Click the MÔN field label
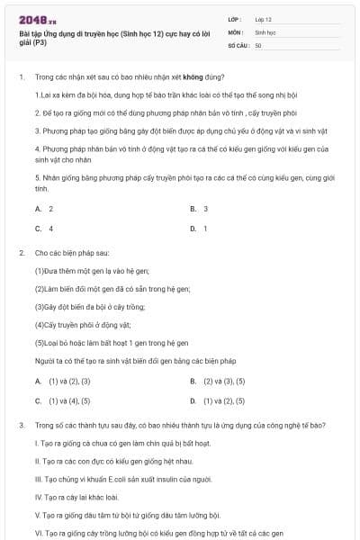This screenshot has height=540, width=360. tap(236, 31)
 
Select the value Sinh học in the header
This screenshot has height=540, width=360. tap(265, 31)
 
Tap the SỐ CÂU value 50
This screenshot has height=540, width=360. tap(258, 44)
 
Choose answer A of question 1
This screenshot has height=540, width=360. tap(44, 209)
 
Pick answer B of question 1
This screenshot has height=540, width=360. tap(199, 209)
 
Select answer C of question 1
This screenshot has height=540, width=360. tap(44, 229)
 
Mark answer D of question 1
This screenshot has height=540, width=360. tap(199, 229)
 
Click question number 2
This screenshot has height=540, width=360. tap(21, 254)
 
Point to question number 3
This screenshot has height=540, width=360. tap(21, 424)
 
